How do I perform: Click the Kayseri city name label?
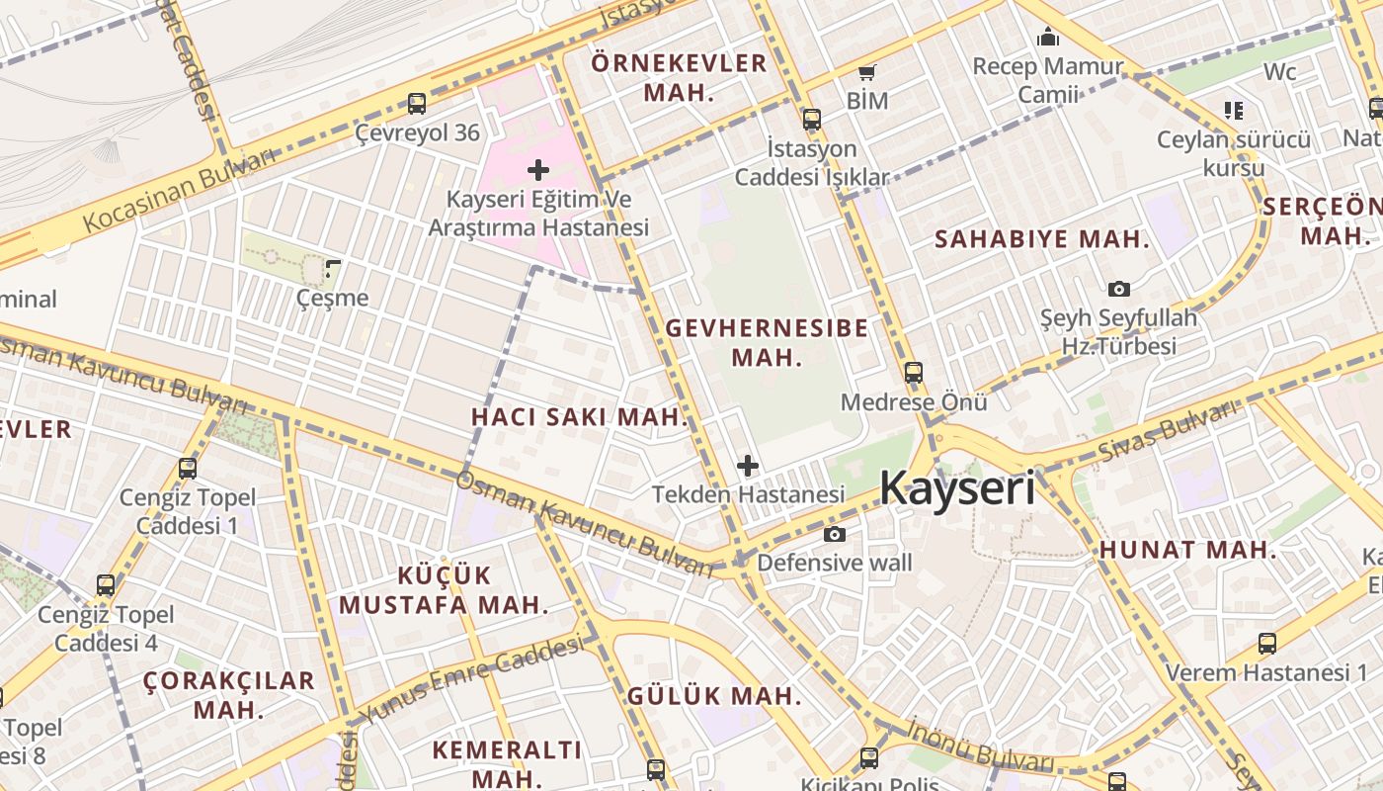(x=956, y=487)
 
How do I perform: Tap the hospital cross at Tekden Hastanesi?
(x=748, y=465)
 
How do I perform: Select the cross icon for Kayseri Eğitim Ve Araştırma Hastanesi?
(x=538, y=170)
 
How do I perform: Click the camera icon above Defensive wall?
(x=835, y=535)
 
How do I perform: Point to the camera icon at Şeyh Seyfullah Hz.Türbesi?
(x=1118, y=289)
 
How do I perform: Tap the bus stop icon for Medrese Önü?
(x=914, y=373)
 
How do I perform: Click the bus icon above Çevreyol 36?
(x=417, y=103)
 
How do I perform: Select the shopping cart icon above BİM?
(x=867, y=72)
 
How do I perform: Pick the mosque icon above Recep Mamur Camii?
(x=1048, y=38)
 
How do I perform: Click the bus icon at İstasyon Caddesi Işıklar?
(x=812, y=120)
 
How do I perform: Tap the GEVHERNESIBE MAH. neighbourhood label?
(x=768, y=342)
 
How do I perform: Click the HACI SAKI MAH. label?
(x=579, y=417)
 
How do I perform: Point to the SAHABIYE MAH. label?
(x=1042, y=239)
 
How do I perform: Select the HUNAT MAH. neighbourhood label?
(x=1187, y=551)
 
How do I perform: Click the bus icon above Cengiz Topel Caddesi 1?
(x=188, y=469)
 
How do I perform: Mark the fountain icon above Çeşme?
(x=333, y=268)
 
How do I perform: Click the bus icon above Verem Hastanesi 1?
(x=1267, y=644)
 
